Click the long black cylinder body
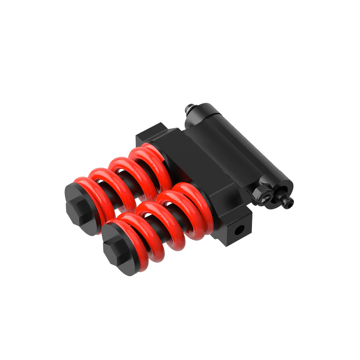tap(240, 144)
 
